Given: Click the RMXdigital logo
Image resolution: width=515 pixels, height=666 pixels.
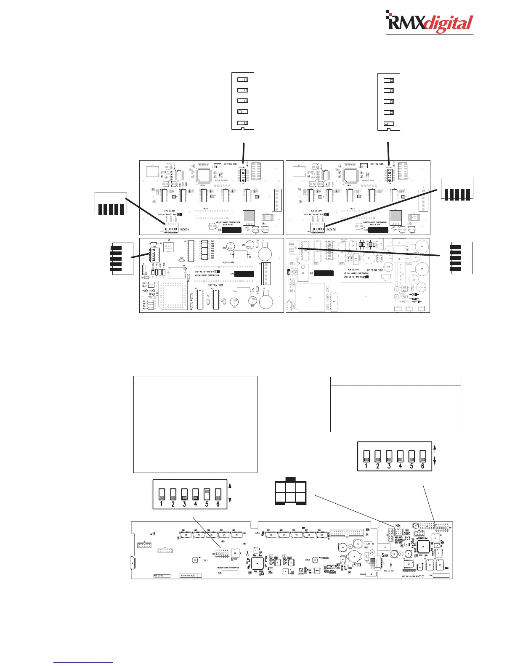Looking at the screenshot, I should tap(430, 24).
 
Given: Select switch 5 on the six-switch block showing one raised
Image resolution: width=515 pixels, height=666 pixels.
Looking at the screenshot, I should tap(207, 494).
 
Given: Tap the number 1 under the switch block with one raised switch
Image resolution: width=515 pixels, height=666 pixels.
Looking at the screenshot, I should tap(162, 504).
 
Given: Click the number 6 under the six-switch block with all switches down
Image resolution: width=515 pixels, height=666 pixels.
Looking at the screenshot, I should tap(423, 466).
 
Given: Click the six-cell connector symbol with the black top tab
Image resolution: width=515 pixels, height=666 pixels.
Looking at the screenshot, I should tap(290, 492).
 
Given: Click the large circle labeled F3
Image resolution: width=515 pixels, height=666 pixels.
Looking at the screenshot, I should tap(265, 253).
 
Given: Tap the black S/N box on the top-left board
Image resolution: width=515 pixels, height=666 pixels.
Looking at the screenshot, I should tap(231, 230).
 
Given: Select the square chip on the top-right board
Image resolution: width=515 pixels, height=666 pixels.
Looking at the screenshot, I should tap(350, 177).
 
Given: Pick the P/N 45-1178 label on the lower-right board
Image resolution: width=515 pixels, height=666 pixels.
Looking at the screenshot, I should tap(353, 271).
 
